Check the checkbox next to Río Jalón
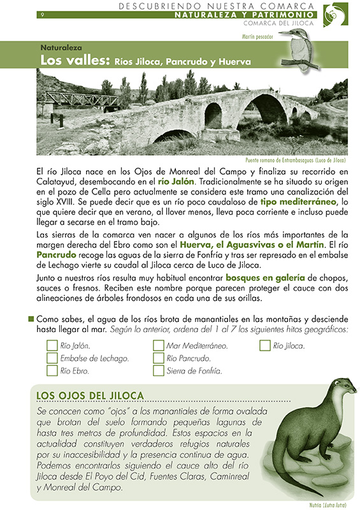click(53, 346)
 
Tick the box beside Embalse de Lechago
click(53, 358)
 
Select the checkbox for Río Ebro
click(53, 370)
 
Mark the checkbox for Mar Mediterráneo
click(159, 346)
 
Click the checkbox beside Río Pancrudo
click(159, 358)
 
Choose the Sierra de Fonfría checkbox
click(159, 370)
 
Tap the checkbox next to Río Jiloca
click(265, 346)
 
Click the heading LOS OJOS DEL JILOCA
click(90, 396)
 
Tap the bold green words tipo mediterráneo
click(299, 201)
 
